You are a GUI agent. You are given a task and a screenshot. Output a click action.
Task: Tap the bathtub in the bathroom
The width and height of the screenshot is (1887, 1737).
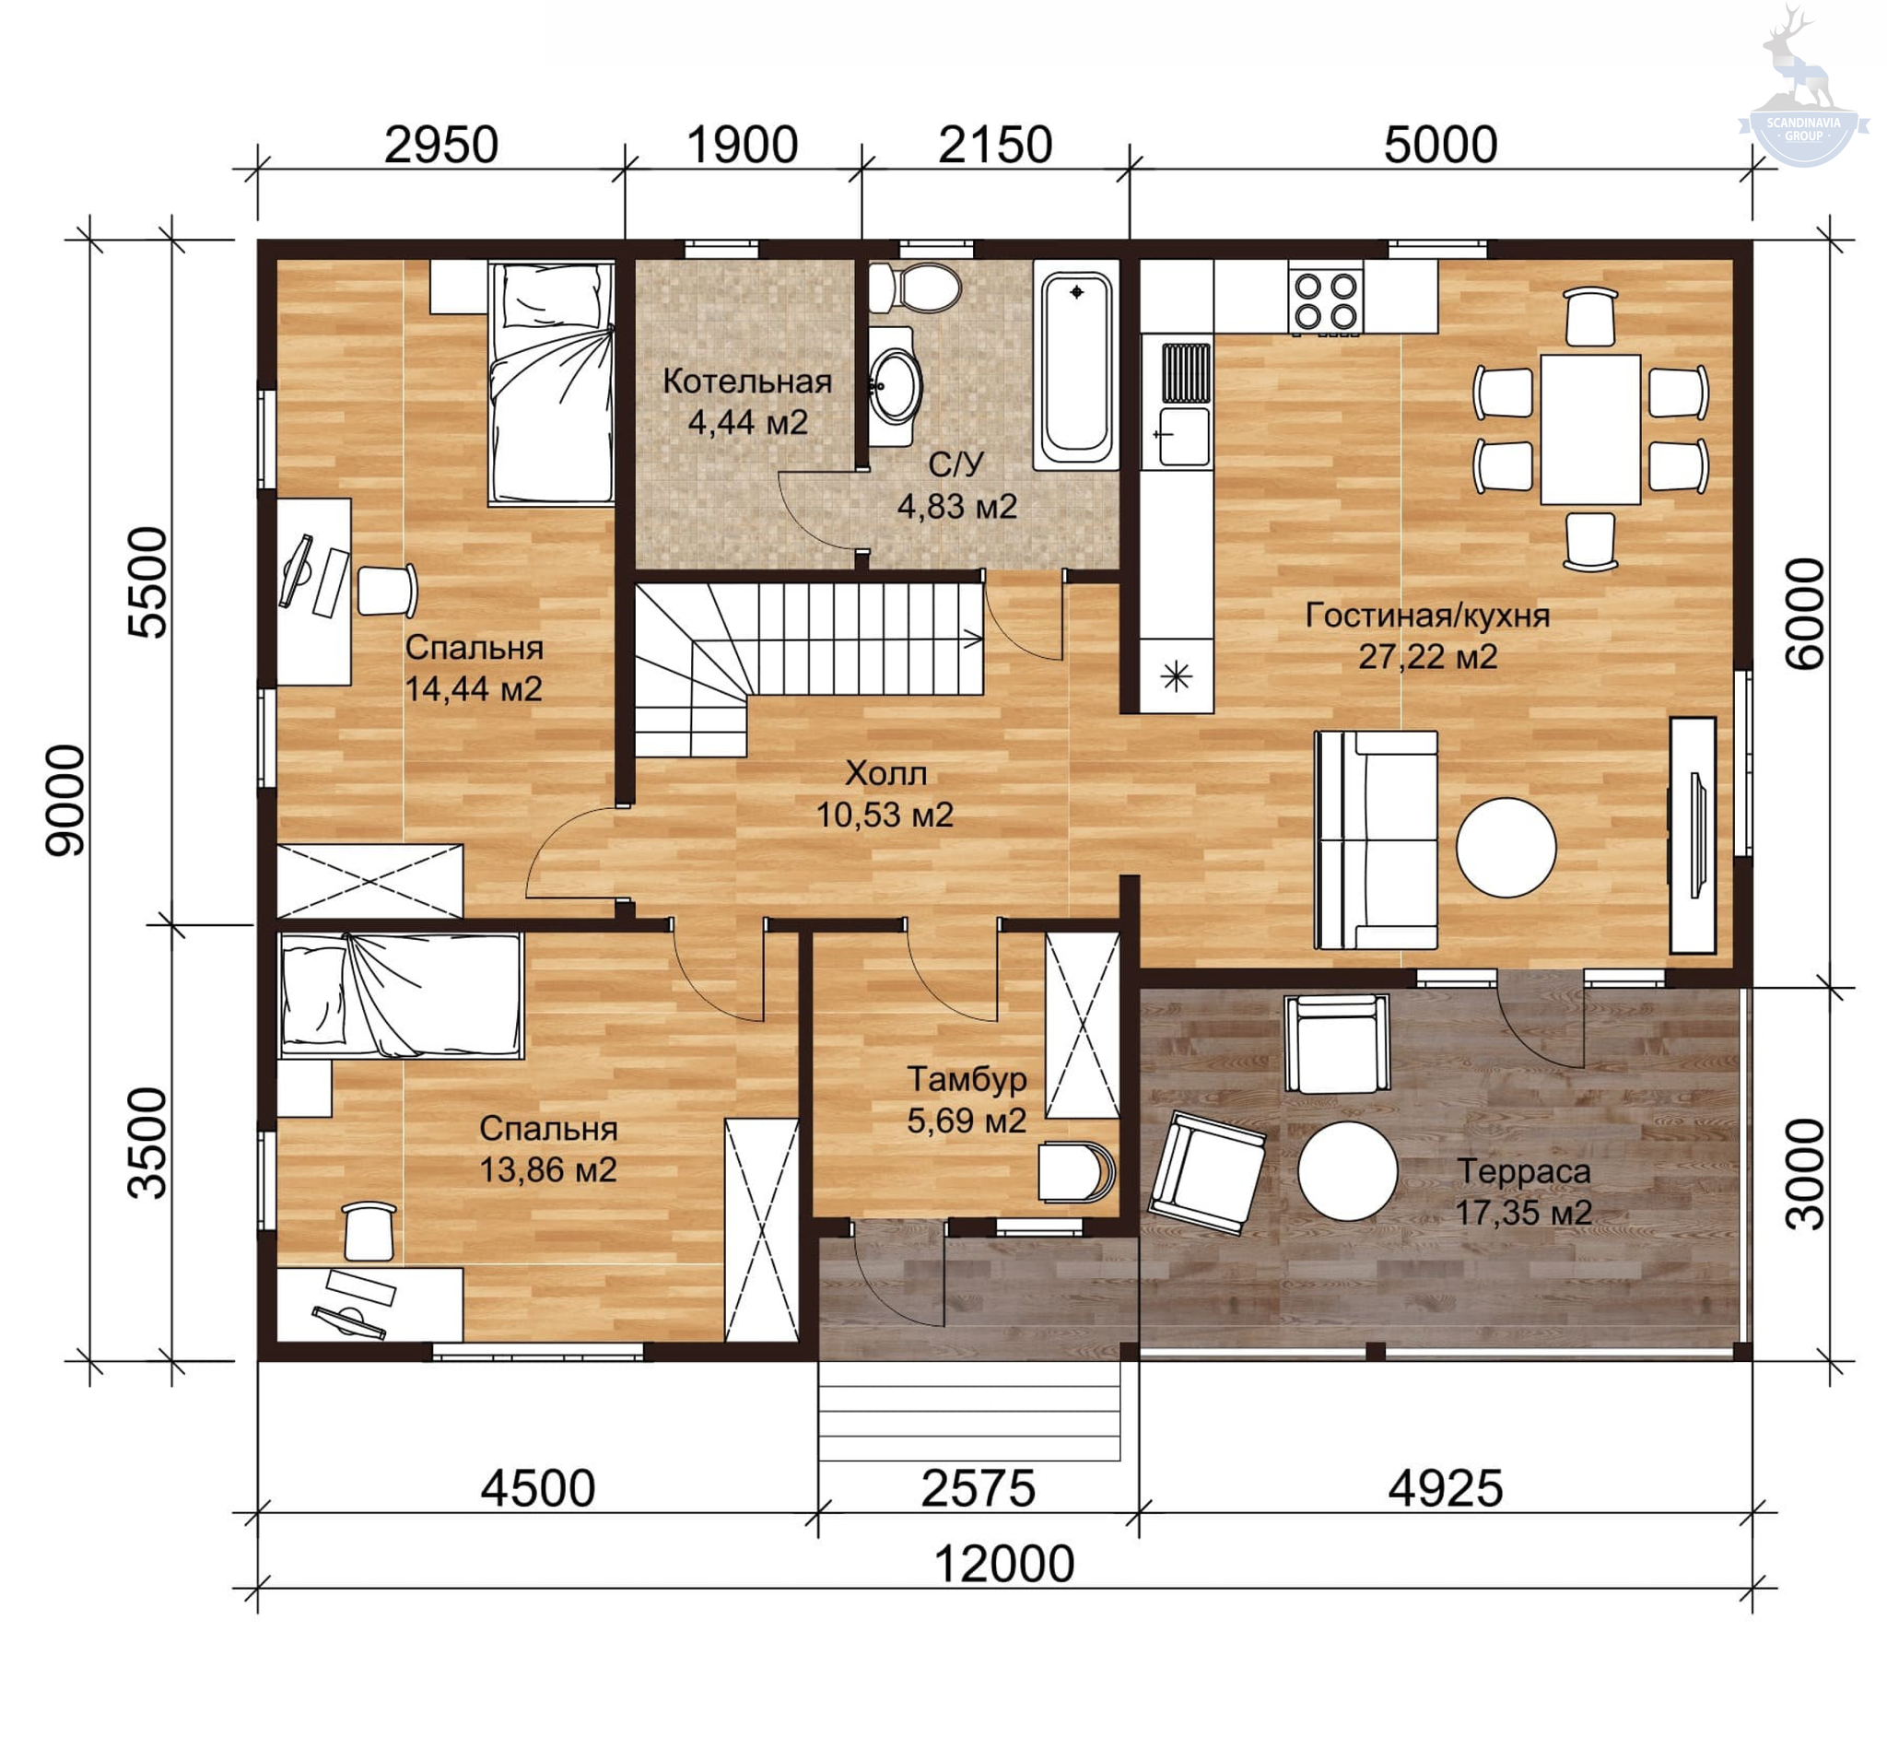(x=1076, y=365)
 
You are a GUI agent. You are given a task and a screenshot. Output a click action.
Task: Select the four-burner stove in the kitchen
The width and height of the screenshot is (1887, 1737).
(x=1325, y=300)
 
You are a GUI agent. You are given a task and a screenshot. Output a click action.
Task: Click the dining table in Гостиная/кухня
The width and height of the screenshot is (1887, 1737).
(x=1590, y=428)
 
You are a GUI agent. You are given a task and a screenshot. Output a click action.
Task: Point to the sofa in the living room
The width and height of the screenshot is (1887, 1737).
(x=1376, y=839)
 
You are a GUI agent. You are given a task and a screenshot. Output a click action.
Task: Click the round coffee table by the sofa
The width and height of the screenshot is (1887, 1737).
(x=1506, y=847)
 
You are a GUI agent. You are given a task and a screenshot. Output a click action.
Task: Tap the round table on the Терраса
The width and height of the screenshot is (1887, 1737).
(x=1347, y=1171)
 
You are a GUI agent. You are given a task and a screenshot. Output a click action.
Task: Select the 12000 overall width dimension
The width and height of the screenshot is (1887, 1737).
(x=1003, y=1564)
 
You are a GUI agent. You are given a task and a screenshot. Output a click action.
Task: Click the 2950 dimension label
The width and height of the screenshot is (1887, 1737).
(x=440, y=145)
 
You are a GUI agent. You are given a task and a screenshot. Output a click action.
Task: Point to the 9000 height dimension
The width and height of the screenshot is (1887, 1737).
(x=65, y=800)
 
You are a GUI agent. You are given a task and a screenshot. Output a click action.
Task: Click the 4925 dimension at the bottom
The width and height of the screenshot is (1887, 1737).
(x=1446, y=1489)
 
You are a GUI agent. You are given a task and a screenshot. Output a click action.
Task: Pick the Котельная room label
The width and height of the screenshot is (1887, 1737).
(x=747, y=381)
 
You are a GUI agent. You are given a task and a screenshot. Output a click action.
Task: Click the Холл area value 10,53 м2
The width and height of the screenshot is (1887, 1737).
(x=885, y=815)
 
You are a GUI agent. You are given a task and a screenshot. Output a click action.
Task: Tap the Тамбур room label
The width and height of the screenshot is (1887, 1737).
(x=966, y=1079)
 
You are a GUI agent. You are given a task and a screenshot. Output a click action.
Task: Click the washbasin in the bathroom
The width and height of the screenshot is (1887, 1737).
(x=893, y=385)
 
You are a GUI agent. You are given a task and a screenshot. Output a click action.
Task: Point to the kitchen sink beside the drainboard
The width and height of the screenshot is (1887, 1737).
(x=1184, y=435)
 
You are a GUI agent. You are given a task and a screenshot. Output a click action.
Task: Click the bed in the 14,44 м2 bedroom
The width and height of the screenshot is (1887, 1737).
(x=552, y=383)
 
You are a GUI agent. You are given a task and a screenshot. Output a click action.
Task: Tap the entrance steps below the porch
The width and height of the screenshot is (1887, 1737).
(x=969, y=1411)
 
